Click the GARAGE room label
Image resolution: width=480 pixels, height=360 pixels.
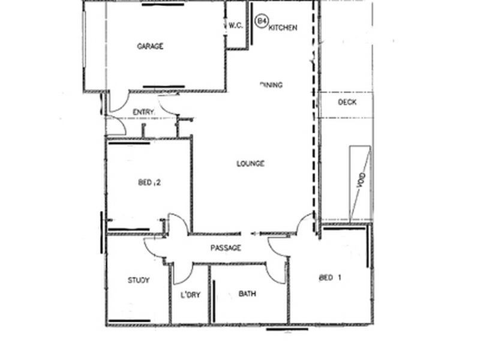tap(150, 46)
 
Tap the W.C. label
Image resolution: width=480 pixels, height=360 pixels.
tap(235, 26)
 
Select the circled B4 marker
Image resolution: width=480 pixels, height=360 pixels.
tap(262, 21)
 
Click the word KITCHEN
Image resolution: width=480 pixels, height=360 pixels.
tap(283, 28)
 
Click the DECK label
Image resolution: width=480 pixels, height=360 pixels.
tap(347, 103)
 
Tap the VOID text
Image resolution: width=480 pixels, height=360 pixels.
tap(361, 181)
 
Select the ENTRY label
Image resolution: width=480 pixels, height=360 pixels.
tap(143, 112)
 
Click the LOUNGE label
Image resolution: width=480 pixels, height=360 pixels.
tap(251, 164)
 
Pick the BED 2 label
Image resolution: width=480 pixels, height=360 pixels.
tap(149, 183)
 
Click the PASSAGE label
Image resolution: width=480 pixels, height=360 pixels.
tap(226, 248)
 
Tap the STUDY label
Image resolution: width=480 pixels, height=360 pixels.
tap(139, 280)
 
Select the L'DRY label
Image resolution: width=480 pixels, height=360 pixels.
tap(190, 295)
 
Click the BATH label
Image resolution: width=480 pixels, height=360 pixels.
tap(248, 294)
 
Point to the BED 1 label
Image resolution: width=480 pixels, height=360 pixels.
tap(331, 278)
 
